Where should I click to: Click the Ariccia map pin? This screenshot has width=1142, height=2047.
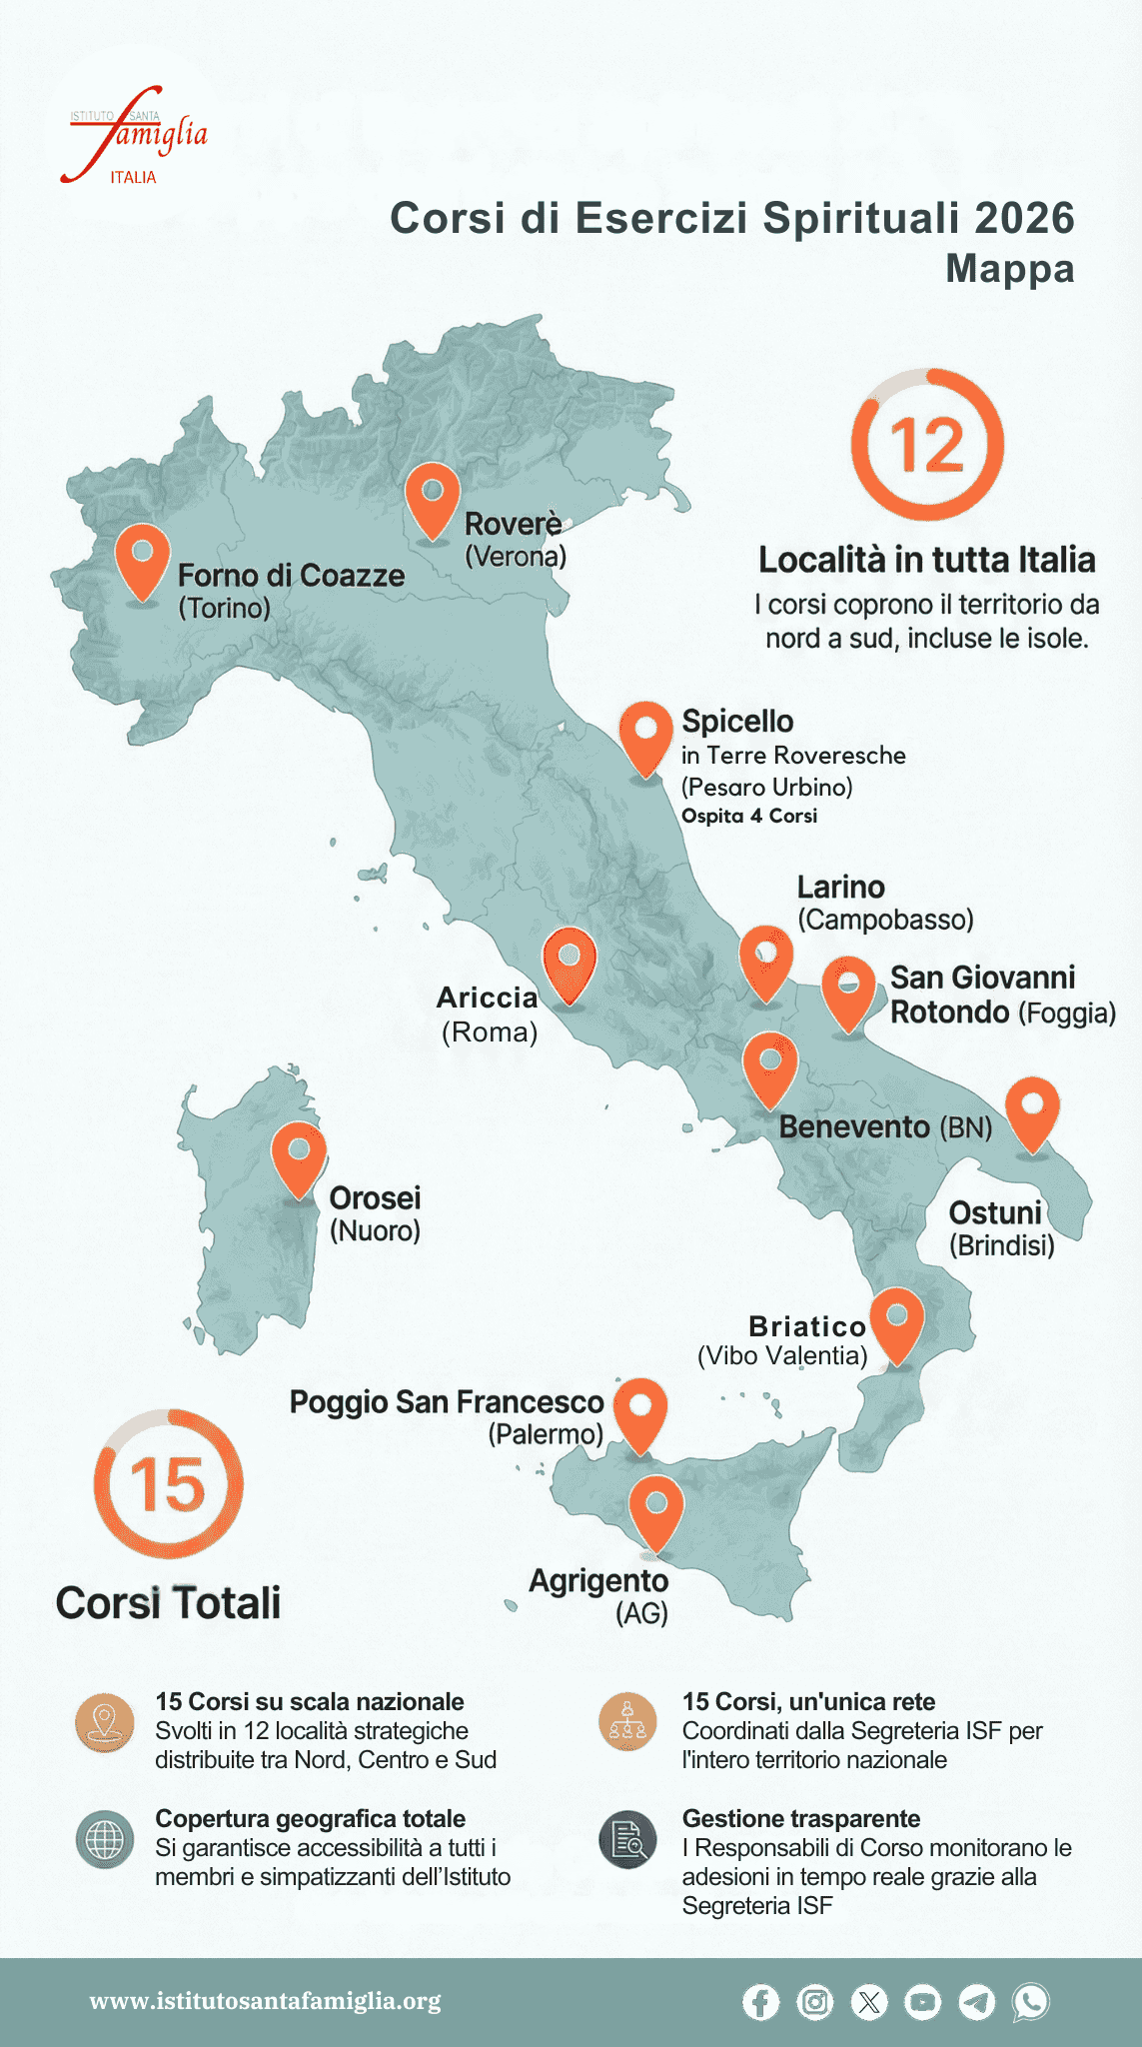click(x=569, y=962)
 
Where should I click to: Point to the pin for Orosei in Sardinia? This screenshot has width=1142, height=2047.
click(x=299, y=1155)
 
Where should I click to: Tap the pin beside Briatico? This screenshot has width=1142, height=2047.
click(x=896, y=1322)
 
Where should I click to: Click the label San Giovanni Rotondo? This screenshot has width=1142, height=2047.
click(x=983, y=995)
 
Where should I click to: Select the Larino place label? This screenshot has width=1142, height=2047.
click(x=841, y=888)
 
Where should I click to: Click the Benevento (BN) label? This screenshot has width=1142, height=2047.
click(x=885, y=1127)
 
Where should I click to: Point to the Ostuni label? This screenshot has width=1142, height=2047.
click(x=995, y=1213)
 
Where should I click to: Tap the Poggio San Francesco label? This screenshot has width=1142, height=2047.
click(x=447, y=1402)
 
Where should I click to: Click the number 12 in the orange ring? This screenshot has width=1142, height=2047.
click(x=927, y=445)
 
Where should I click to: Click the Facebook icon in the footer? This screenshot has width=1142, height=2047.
click(x=760, y=2002)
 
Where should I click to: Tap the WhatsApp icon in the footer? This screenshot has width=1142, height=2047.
click(x=1030, y=2002)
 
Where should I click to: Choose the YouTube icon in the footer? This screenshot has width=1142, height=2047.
click(x=922, y=2002)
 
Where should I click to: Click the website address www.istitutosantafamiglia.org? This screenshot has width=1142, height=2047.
click(x=265, y=2001)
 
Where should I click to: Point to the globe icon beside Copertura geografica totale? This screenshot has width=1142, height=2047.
click(x=105, y=1840)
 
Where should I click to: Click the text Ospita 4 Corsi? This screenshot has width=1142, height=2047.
click(x=749, y=816)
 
